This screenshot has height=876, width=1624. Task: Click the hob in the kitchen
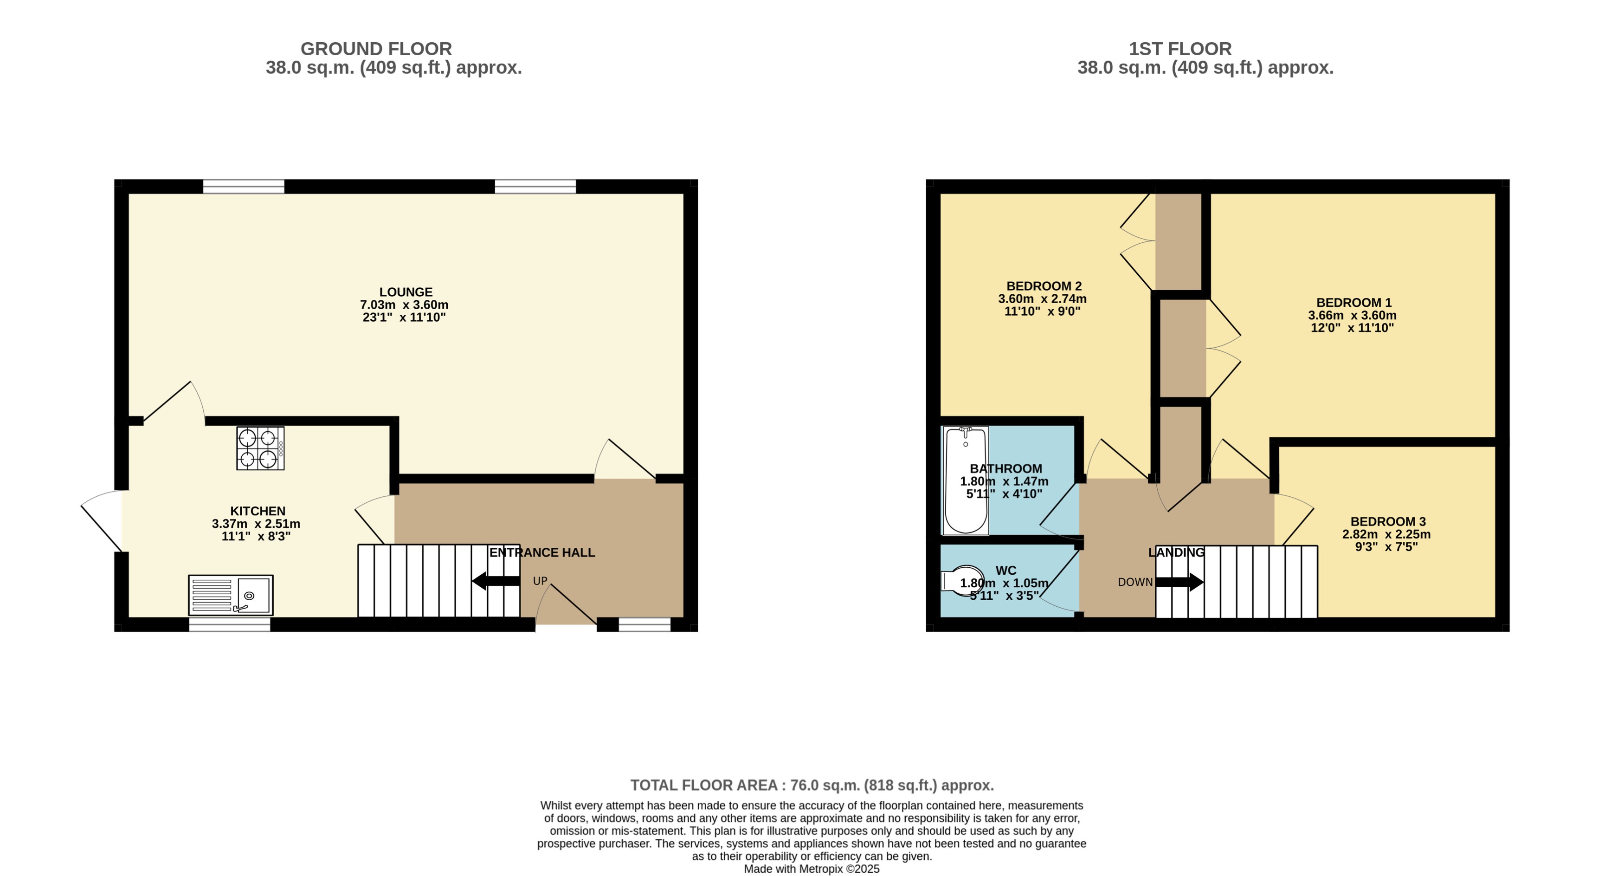(260, 448)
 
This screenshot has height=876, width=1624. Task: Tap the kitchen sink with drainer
(231, 595)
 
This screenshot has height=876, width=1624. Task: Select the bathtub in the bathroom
(965, 480)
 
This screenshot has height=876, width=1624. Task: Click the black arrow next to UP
(496, 581)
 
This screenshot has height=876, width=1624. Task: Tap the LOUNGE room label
(406, 292)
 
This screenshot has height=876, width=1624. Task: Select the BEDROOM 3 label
(1387, 522)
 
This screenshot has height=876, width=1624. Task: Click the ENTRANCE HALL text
(542, 552)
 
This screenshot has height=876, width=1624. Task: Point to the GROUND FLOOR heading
(376, 49)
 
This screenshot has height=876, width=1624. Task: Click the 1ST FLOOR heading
(1179, 49)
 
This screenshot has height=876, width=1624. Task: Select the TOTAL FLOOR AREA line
(812, 785)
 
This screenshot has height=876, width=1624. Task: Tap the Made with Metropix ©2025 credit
(812, 869)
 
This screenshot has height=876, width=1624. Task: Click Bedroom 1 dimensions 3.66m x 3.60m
(1352, 315)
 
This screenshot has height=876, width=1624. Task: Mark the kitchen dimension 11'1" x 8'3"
(256, 536)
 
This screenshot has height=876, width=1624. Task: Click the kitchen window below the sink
(230, 624)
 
